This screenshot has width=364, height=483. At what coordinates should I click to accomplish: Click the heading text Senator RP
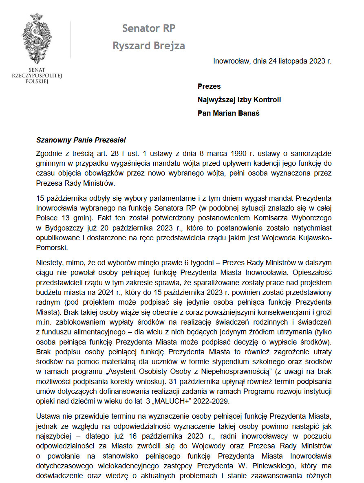pos(149,29)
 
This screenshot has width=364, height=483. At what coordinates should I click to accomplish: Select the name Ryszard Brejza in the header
pos(149,46)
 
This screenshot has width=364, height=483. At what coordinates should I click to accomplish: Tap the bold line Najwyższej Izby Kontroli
pos(239,100)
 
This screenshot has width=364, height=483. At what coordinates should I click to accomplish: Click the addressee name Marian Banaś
pos(236,113)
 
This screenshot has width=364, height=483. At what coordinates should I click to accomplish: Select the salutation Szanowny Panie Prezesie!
pos(81,140)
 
